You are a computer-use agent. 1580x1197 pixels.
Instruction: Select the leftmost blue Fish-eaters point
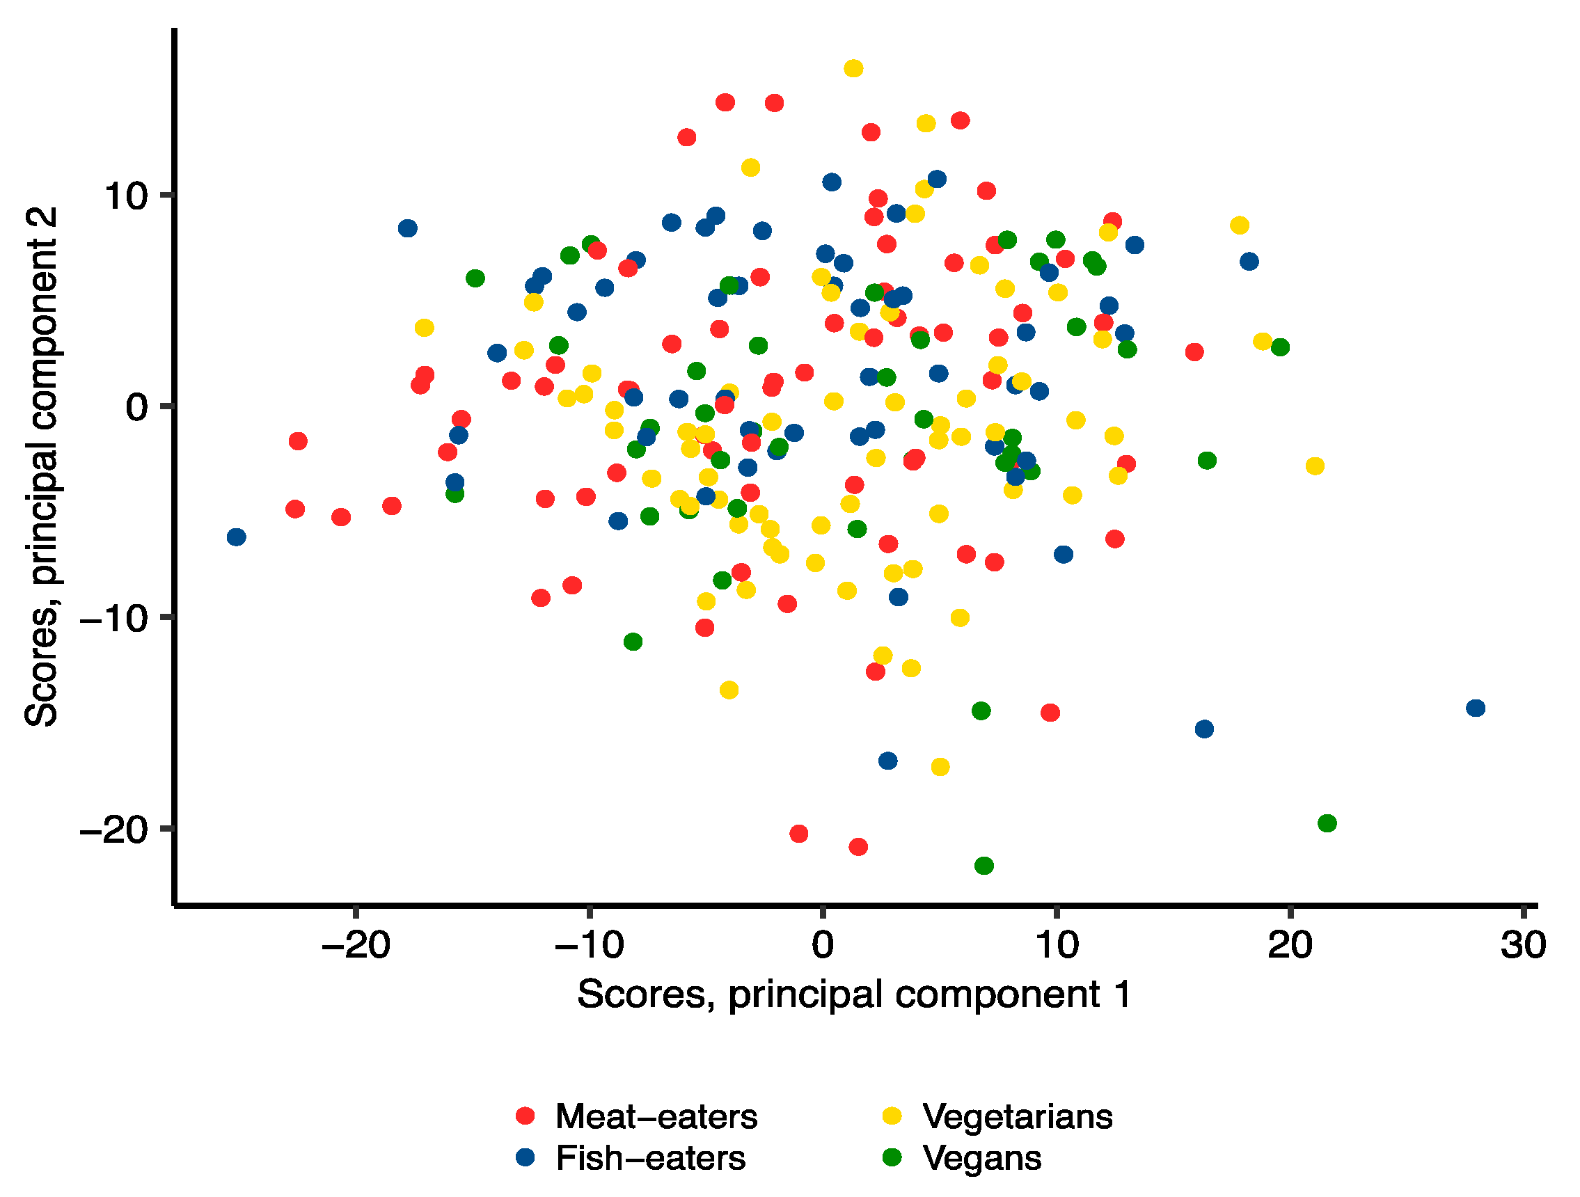[237, 537]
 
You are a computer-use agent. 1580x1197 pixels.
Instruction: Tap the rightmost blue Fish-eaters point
[1476, 708]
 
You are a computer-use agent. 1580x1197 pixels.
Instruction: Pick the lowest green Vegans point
[984, 866]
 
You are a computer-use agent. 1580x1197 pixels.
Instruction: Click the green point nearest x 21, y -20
[1327, 823]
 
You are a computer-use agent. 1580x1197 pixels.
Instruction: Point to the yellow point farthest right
[1315, 466]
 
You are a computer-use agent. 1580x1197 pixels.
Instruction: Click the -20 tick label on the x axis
[356, 946]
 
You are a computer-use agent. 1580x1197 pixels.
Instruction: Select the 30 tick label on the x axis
[1524, 946]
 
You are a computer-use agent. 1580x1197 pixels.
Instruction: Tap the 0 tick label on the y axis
[136, 407]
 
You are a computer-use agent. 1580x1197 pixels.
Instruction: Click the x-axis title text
[854, 994]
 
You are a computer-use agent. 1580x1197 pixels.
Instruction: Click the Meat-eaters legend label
[656, 1116]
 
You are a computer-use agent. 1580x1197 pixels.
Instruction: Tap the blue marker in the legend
[526, 1158]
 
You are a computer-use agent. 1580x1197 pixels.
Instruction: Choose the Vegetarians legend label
[1017, 1116]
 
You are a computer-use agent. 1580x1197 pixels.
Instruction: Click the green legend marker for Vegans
[893, 1158]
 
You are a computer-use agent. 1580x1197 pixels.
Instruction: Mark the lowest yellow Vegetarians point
[941, 767]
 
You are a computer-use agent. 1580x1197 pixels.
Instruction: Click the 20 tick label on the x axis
[1290, 946]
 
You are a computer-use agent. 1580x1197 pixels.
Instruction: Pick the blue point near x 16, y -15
[1204, 729]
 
